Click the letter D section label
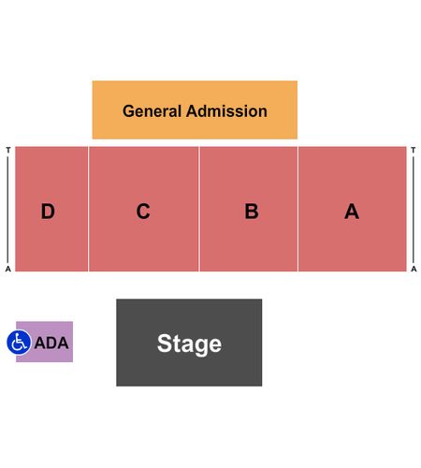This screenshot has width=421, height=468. (x=48, y=212)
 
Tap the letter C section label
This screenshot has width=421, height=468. (x=143, y=212)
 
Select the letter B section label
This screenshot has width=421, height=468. (x=252, y=212)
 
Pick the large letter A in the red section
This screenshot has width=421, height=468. (x=352, y=212)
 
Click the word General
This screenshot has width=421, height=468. (x=152, y=111)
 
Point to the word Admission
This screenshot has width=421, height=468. (x=226, y=111)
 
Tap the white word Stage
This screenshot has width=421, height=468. (x=189, y=344)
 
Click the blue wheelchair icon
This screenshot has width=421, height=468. (x=19, y=343)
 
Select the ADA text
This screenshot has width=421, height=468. (x=51, y=343)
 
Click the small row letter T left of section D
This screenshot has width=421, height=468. (x=8, y=150)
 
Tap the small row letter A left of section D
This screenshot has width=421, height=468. (x=8, y=269)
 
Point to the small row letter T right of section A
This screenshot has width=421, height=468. (x=414, y=150)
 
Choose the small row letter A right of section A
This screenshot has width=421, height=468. (x=414, y=269)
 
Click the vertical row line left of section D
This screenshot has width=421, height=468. (x=8, y=210)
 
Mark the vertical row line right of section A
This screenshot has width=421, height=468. (x=414, y=210)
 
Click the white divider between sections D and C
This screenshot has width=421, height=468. (x=88, y=209)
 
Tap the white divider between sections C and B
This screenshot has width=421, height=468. (x=199, y=209)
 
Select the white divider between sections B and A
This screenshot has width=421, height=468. (x=298, y=209)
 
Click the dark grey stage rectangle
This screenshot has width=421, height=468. (x=189, y=343)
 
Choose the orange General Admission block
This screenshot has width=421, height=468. (x=195, y=110)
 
